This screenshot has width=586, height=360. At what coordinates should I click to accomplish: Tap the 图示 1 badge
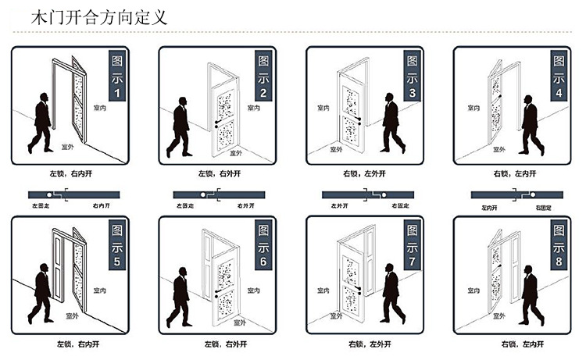116,76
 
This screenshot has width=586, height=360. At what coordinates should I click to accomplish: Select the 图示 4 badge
558,76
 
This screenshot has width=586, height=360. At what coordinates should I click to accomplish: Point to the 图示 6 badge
263,247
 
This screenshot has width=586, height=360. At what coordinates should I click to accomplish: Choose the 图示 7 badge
411,247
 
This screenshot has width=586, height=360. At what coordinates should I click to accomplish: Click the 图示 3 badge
411,76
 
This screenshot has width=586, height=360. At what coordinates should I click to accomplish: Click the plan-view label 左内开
490,209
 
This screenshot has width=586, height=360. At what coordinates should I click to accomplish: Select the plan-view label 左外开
339,207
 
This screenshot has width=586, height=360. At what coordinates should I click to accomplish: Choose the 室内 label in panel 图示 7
322,288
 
